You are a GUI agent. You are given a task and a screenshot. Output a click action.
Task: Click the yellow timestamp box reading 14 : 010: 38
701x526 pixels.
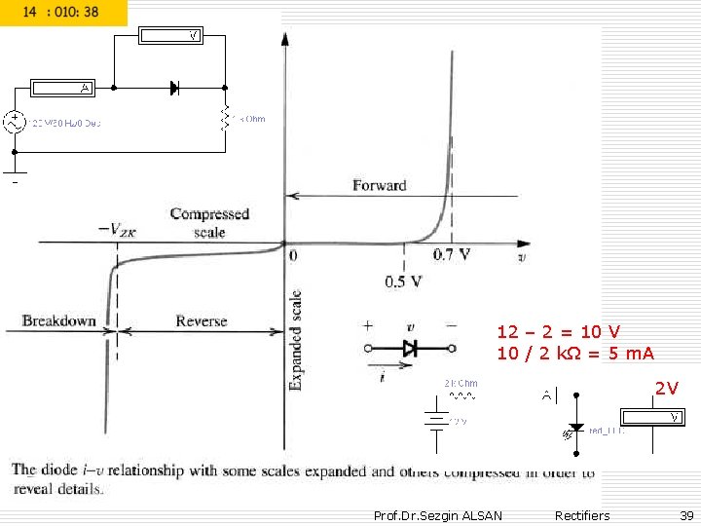63,13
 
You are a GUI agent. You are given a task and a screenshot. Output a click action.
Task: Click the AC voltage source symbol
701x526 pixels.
15,123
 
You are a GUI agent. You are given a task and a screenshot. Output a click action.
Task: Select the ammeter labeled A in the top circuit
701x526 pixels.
63,88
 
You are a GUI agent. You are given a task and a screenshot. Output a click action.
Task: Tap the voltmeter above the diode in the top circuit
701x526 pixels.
170,36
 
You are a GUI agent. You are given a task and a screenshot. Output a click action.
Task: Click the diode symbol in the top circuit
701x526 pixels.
174,88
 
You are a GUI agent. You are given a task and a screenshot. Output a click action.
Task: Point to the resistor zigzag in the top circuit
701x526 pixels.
226,118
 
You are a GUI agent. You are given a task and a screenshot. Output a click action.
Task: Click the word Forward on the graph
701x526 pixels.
379,185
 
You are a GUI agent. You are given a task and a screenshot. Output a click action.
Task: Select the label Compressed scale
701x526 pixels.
209,222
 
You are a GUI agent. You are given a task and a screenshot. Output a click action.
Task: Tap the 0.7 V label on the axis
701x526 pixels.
452,255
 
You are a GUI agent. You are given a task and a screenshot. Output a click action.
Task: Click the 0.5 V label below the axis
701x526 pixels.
403,282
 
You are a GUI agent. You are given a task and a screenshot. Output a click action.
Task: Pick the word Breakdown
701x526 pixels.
58,320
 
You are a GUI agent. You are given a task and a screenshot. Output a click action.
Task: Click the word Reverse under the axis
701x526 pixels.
201,320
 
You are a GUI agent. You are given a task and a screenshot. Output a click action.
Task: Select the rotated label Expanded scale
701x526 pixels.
296,340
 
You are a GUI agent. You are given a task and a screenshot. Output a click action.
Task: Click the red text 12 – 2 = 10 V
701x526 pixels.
559,332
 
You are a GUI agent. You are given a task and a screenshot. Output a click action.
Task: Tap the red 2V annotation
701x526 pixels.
666,389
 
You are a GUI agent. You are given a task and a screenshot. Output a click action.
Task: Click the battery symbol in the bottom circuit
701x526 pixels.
437,420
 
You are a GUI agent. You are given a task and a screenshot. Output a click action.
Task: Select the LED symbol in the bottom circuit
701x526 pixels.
576,427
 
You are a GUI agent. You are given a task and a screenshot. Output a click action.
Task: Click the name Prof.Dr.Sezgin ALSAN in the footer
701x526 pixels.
438,515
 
